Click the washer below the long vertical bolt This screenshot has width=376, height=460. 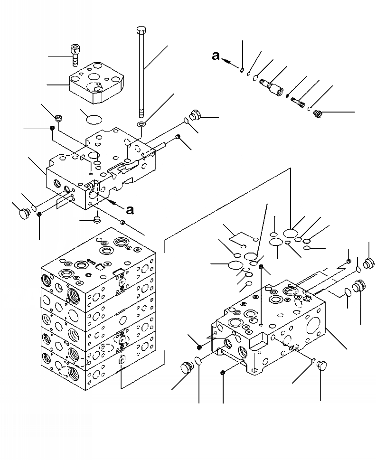(x=141, y=124)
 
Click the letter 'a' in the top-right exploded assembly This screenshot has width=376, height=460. (x=216, y=56)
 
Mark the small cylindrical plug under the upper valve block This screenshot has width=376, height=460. (x=97, y=220)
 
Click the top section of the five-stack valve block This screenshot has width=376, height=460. (x=97, y=259)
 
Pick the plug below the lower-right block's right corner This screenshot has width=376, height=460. (x=321, y=365)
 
